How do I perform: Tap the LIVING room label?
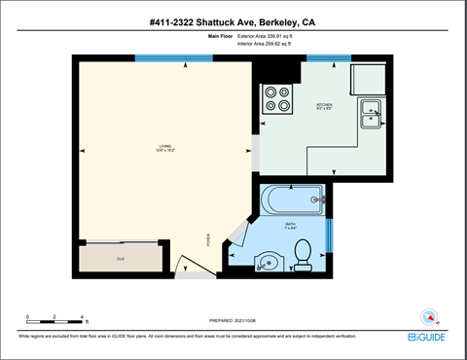point(164,149)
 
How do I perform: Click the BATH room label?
point(290,225)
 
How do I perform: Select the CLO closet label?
point(121,259)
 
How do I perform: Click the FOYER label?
point(207,241)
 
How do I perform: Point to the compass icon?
point(428,315)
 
